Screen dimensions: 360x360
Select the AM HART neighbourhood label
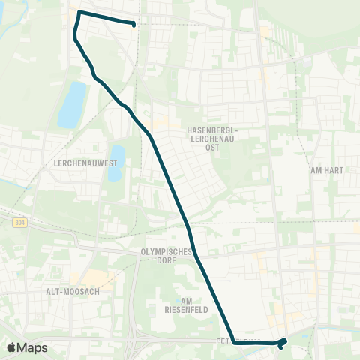[x=326, y=170]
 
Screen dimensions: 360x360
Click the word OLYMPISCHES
[x=167, y=252]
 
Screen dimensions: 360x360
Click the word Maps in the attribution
[x=34, y=347]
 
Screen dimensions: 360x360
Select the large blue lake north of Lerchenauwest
[x=72, y=104]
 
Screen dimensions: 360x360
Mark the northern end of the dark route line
[x=134, y=25]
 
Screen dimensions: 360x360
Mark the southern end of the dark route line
[x=280, y=346]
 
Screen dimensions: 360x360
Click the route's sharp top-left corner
[x=79, y=13]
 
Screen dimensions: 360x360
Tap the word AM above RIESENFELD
[x=177, y=299]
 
